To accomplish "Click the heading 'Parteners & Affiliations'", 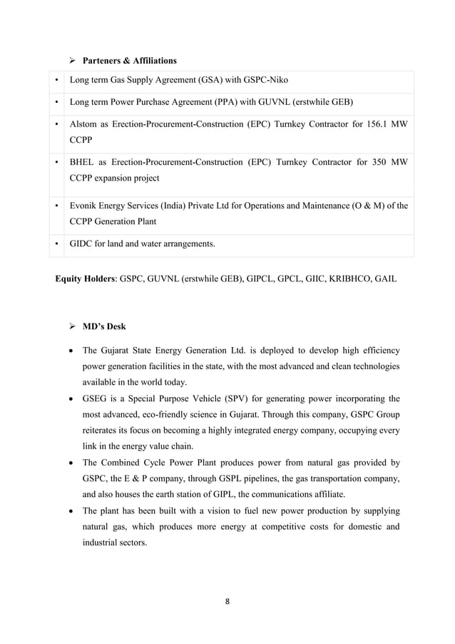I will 130,60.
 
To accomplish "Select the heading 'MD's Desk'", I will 104,326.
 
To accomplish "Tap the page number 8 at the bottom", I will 227,601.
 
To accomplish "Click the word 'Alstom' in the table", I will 83,124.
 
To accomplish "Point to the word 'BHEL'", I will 82,162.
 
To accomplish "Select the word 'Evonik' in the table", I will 84,206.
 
